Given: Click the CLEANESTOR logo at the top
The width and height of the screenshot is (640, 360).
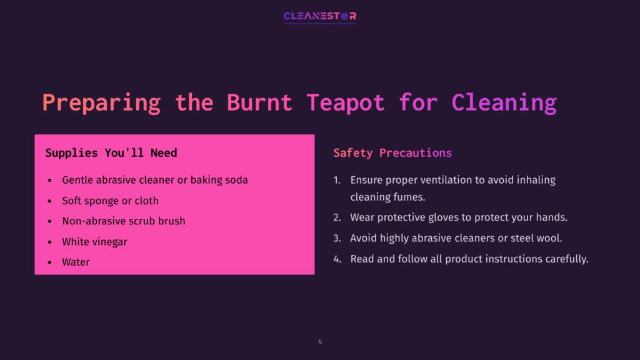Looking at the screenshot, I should click(319, 16).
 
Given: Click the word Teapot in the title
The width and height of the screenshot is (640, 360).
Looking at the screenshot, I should click(346, 102).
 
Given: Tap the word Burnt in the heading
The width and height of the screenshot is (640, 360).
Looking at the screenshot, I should click(259, 102).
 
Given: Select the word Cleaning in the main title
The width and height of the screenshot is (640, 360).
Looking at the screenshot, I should click(504, 102).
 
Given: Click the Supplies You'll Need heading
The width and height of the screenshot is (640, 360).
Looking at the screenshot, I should click(111, 153).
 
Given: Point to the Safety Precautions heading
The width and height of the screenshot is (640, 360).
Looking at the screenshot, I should click(392, 153).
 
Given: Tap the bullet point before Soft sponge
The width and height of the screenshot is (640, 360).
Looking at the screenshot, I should click(50, 201).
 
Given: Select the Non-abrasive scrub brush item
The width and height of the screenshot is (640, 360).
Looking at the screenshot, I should click(124, 221).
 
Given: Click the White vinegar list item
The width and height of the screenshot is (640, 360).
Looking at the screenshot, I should click(95, 242).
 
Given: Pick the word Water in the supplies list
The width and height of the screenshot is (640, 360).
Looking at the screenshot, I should click(76, 262).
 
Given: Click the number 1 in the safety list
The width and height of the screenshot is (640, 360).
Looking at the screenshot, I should click(336, 180).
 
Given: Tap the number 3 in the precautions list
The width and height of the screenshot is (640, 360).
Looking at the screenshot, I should click(336, 238).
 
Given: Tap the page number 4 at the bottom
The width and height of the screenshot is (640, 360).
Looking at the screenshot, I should click(320, 341).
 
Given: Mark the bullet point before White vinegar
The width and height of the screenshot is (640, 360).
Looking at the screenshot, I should click(50, 242).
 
